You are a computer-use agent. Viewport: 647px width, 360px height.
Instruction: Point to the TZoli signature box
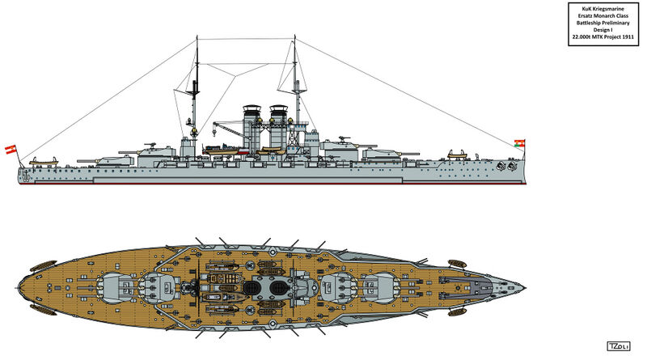click(x=619, y=346)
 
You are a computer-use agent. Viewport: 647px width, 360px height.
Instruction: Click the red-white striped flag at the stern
click(x=11, y=150)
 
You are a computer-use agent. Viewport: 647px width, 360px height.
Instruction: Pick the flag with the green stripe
click(x=519, y=143)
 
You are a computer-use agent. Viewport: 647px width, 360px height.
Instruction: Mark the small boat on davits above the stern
click(x=44, y=161)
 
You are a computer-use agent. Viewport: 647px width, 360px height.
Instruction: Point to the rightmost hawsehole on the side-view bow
click(x=512, y=166)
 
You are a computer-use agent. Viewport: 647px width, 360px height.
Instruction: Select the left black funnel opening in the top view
click(x=252, y=287)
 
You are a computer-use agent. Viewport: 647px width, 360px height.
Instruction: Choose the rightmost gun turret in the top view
click(x=380, y=287)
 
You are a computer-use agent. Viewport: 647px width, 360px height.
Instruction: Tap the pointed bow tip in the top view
click(x=525, y=287)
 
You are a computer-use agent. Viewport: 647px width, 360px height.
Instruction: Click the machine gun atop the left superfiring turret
click(x=151, y=145)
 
